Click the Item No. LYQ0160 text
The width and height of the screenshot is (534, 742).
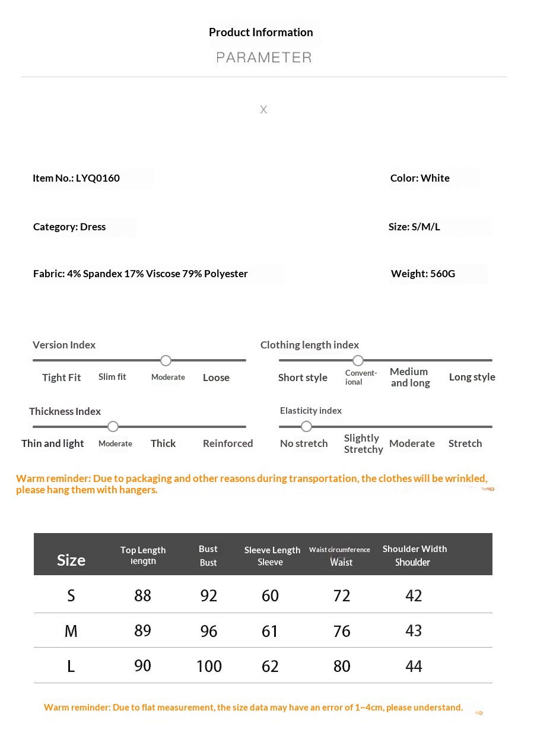pyautogui.click(x=76, y=178)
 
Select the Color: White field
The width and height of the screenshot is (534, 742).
pyautogui.click(x=419, y=178)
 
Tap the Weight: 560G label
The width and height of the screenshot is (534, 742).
pyautogui.click(x=422, y=274)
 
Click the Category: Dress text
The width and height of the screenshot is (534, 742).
pyautogui.click(x=69, y=227)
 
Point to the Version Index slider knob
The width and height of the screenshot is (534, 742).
pyautogui.click(x=166, y=360)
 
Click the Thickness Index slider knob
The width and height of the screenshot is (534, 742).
pyautogui.click(x=113, y=426)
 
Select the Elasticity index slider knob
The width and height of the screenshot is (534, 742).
pyautogui.click(x=306, y=426)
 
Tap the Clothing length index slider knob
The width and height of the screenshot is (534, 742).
pyautogui.click(x=358, y=360)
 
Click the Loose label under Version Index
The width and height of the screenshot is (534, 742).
pyautogui.click(x=216, y=378)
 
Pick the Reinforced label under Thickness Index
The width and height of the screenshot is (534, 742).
pyautogui.click(x=228, y=443)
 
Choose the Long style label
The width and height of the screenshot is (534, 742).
pyautogui.click(x=472, y=377)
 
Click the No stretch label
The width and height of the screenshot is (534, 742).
pyautogui.click(x=304, y=443)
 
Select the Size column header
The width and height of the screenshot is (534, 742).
pyautogui.click(x=71, y=560)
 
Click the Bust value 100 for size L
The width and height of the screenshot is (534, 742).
pyautogui.click(x=209, y=666)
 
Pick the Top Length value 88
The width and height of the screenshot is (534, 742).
pyautogui.click(x=143, y=595)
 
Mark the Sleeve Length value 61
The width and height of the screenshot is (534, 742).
pyautogui.click(x=270, y=631)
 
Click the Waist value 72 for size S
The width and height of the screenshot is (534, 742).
pyautogui.click(x=342, y=595)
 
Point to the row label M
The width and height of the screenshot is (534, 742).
pyautogui.click(x=71, y=631)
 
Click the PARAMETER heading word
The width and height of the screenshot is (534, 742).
pyautogui.click(x=263, y=58)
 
